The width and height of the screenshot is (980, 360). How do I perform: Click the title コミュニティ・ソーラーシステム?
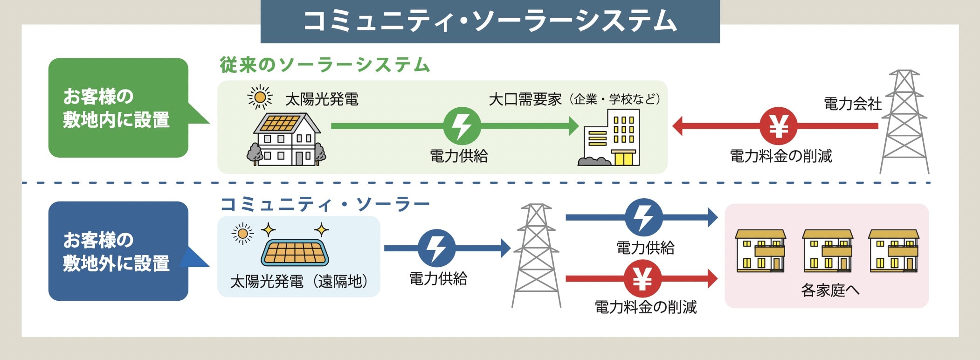tap(490, 21)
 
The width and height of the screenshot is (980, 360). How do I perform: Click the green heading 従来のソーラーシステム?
tap(324, 65)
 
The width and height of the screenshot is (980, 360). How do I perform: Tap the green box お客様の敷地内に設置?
tap(118, 108)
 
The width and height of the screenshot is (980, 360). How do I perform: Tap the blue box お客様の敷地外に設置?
tap(118, 251)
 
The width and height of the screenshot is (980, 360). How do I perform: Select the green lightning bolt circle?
tap(462, 126)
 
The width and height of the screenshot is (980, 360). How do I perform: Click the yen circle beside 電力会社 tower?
tap(778, 126)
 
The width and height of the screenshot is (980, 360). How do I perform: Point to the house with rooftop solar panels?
tap(286, 138)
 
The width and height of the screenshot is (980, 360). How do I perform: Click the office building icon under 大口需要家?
tap(611, 138)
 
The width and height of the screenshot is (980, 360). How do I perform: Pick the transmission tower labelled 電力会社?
tap(904, 122)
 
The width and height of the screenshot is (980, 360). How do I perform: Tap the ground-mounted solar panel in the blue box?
tap(295, 253)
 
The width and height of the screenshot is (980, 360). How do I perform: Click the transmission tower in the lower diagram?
tap(536, 255)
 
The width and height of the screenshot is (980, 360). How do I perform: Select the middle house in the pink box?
tap(827, 250)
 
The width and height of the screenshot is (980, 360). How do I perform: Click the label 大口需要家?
tap(525, 99)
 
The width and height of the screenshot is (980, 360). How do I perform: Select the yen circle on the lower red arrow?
tap(642, 279)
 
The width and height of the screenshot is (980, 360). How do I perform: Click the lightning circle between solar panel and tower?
tap(437, 248)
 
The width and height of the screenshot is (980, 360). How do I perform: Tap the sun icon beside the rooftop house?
tap(260, 97)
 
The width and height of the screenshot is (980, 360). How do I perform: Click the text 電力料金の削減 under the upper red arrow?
tap(780, 156)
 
